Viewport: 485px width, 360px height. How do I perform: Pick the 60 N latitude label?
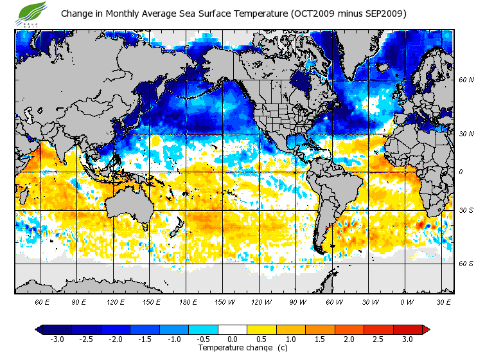tap(466, 80)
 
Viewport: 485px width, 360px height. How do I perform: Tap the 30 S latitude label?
tap(466, 211)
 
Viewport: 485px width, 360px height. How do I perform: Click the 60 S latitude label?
tap(466, 264)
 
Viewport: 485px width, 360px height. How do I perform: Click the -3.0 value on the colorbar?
tap(57, 339)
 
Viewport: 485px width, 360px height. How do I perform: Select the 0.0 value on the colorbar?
tap(233, 339)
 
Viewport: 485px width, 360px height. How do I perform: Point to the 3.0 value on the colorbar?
tap(407, 339)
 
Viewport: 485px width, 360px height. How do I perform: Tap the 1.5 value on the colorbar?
tap(320, 339)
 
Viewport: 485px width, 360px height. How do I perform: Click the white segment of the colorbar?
tap(233, 329)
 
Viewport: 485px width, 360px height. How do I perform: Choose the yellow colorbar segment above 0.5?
tap(261, 329)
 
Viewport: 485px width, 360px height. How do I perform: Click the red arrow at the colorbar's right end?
tap(426, 329)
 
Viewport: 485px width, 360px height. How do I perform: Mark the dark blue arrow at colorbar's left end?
tap(39, 329)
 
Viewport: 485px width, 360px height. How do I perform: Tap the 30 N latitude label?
tap(466, 134)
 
